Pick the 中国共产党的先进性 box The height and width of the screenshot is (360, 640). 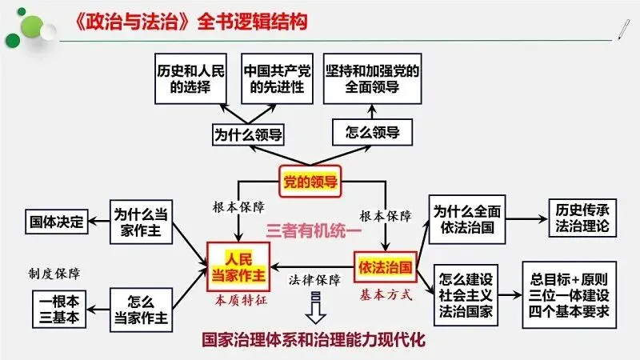(274, 79)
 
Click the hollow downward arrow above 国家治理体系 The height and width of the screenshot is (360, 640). (313, 308)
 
